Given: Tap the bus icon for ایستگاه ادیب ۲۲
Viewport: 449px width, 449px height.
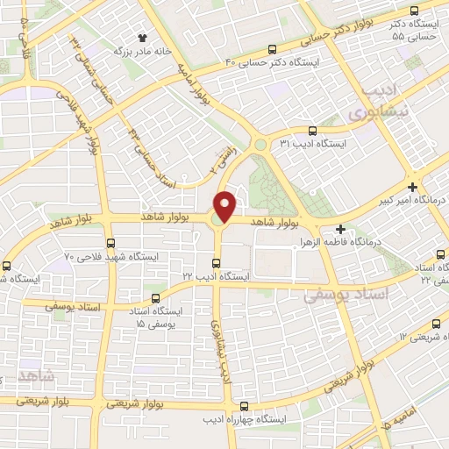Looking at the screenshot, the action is point(217,262).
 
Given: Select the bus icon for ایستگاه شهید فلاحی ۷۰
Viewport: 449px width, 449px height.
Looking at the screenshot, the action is point(110,243).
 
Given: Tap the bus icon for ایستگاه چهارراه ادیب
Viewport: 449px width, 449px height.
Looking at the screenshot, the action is point(244,406).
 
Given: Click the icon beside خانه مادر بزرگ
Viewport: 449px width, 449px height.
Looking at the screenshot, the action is point(143,38).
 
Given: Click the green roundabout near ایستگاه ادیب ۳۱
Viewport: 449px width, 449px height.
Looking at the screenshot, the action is point(260,146).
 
